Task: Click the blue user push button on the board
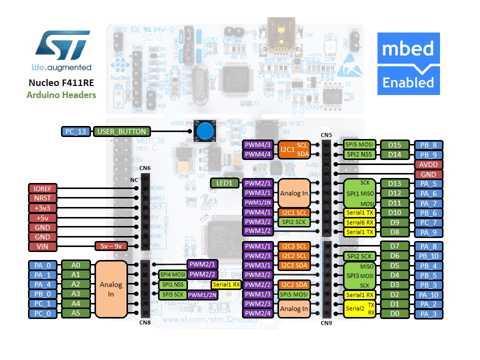(203, 131)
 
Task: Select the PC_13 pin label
(76, 131)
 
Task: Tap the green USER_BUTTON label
(114, 131)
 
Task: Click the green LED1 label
(224, 183)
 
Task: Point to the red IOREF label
(43, 188)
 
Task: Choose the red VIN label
(43, 246)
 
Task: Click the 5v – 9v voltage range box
(111, 246)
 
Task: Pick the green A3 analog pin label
(75, 293)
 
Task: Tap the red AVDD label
(428, 164)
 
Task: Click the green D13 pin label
(394, 183)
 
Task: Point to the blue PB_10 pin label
(428, 256)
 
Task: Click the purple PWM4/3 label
(257, 145)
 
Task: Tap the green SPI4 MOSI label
(172, 274)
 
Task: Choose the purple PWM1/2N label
(202, 294)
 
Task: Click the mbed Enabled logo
(408, 63)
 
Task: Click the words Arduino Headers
(61, 94)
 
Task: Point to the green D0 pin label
(394, 314)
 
